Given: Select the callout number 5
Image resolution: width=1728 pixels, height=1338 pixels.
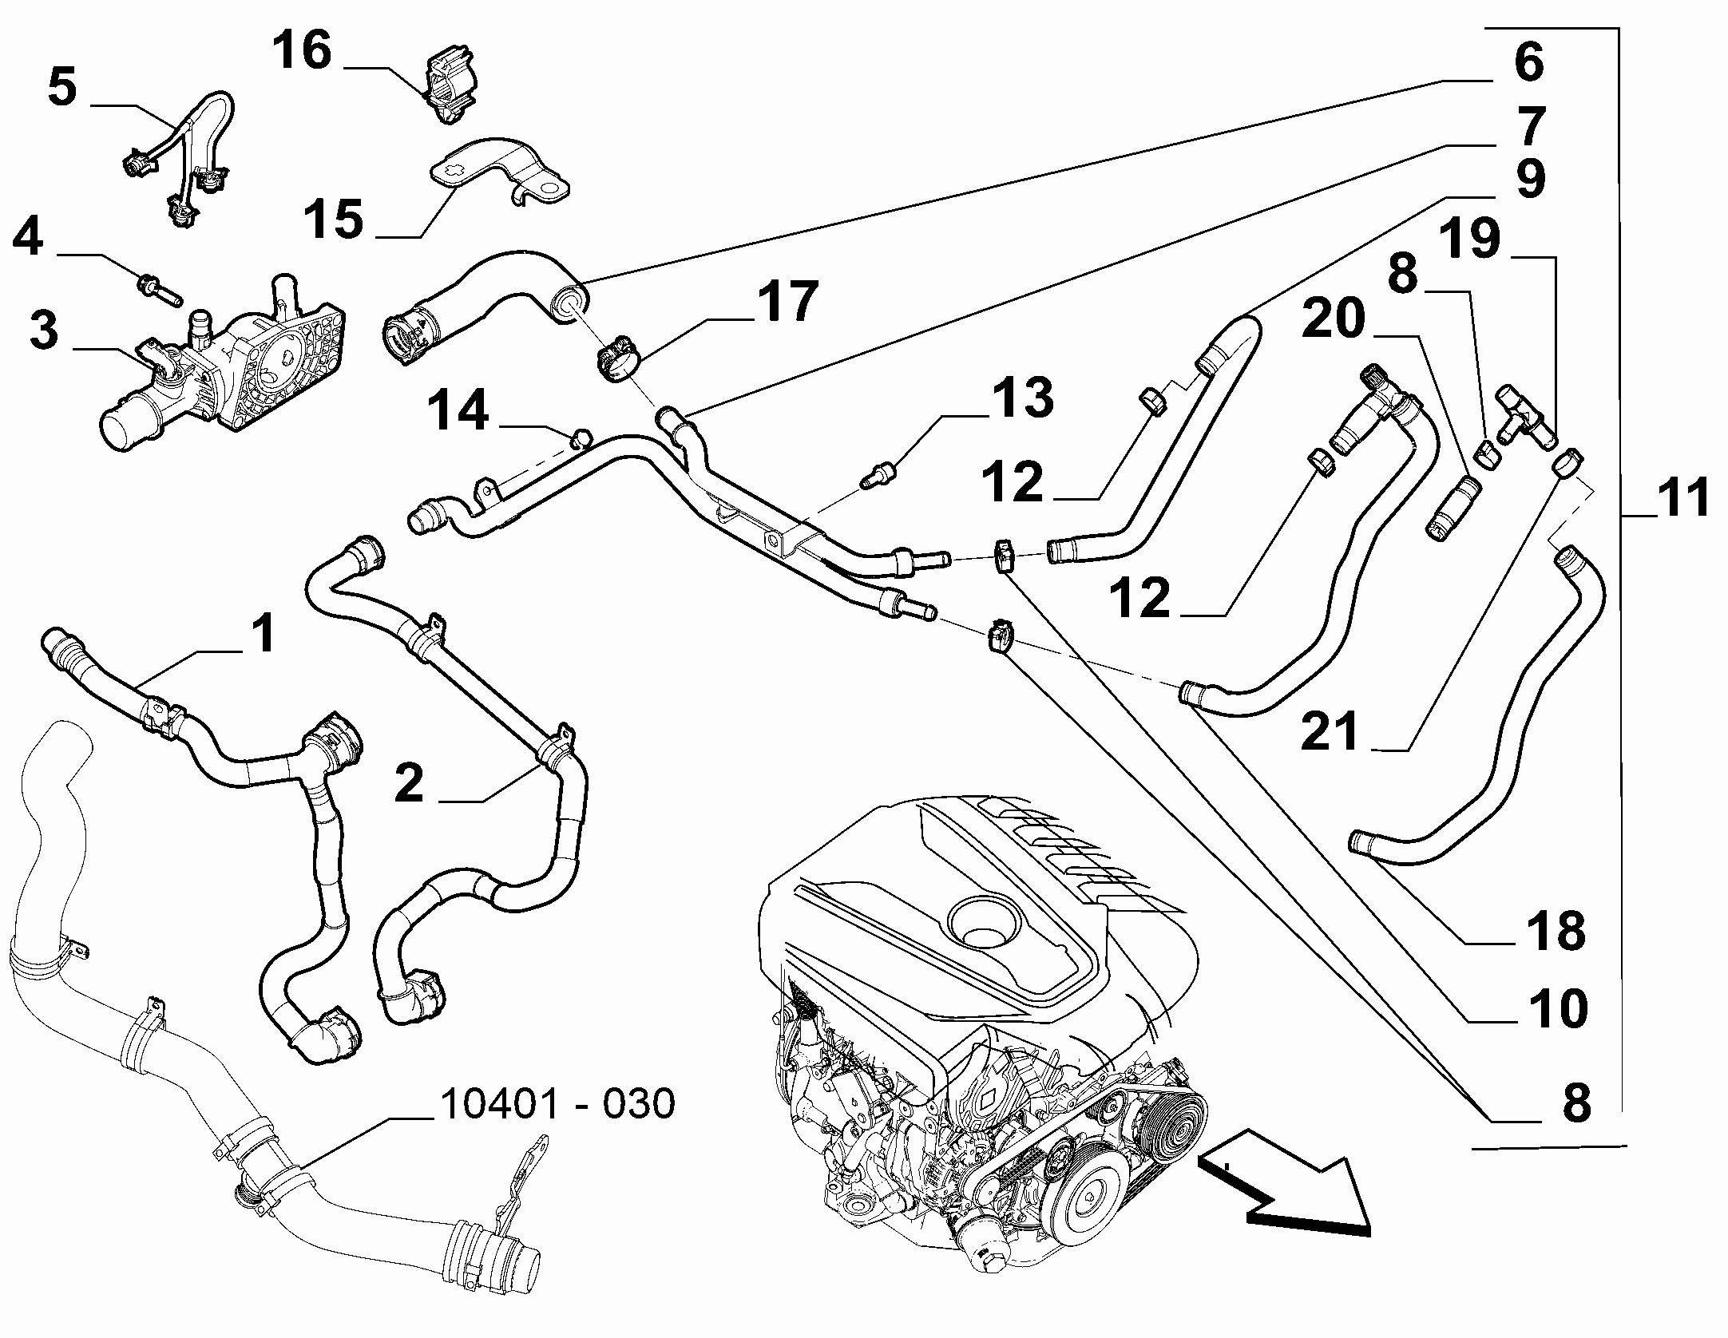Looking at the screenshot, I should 62,88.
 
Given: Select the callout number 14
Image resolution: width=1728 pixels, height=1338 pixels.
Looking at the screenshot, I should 458,412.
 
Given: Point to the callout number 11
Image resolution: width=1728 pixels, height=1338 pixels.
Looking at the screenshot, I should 1681,497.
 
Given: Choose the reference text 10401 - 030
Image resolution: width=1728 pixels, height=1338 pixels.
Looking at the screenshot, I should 557,1104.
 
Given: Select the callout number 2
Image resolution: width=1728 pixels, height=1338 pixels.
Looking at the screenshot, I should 409,783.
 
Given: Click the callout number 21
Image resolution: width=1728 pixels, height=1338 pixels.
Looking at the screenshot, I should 1329,732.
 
